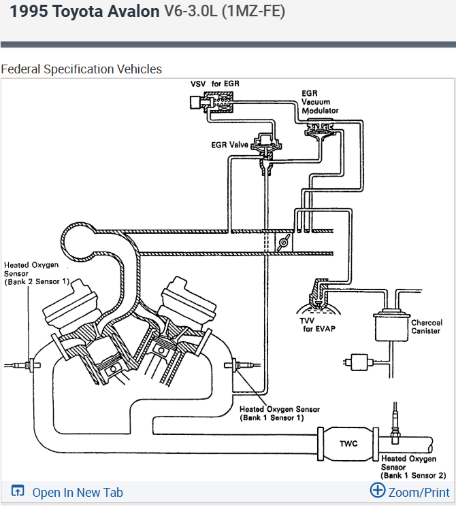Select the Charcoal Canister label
point(426,326)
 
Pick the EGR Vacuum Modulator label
point(320,101)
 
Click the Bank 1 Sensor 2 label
point(413,467)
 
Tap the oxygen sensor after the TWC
point(395,419)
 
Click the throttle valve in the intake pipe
point(284,243)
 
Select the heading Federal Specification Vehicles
point(82,69)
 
